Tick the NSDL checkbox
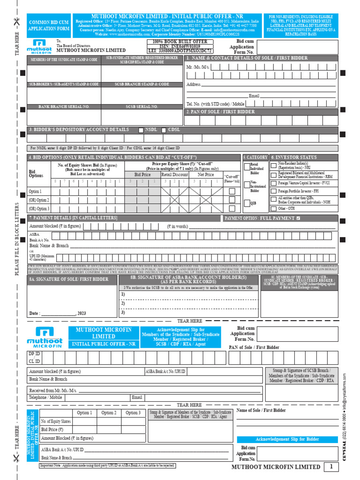(141, 130)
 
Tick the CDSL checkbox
(164, 130)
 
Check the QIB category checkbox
(247, 202)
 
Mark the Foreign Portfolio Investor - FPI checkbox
(274, 191)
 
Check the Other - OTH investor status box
(274, 208)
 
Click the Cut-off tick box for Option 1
(232, 191)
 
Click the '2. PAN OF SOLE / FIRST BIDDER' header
(221, 112)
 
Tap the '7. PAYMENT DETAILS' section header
(73, 218)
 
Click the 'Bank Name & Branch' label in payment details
(49, 246)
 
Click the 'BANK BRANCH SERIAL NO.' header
(64, 107)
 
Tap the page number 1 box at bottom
(331, 466)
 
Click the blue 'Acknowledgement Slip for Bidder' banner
(287, 439)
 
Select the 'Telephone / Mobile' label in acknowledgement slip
(45, 397)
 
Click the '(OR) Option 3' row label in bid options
(39, 209)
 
